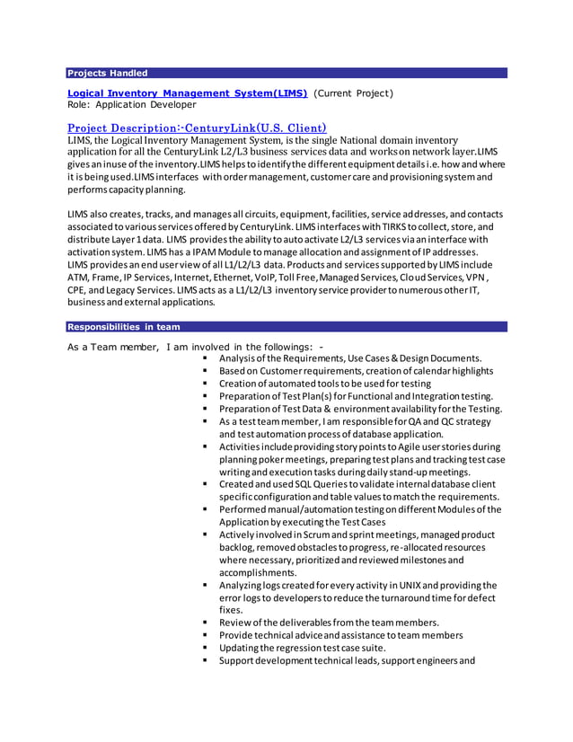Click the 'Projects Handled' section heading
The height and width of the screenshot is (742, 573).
click(x=108, y=73)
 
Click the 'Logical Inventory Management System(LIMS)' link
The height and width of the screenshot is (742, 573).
click(x=188, y=93)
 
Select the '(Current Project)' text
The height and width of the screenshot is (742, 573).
click(x=353, y=93)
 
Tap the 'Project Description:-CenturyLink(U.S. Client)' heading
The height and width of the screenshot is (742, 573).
click(x=197, y=128)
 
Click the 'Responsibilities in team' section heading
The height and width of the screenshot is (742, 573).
click(x=124, y=327)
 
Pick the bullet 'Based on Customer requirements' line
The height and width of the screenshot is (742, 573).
click(x=356, y=371)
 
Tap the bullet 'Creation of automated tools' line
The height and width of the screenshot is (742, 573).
click(x=324, y=384)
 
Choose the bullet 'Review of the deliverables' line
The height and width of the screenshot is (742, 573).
click(x=329, y=623)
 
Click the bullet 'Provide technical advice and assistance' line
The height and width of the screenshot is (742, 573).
click(x=340, y=635)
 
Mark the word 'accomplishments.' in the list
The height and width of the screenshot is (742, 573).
click(x=257, y=572)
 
